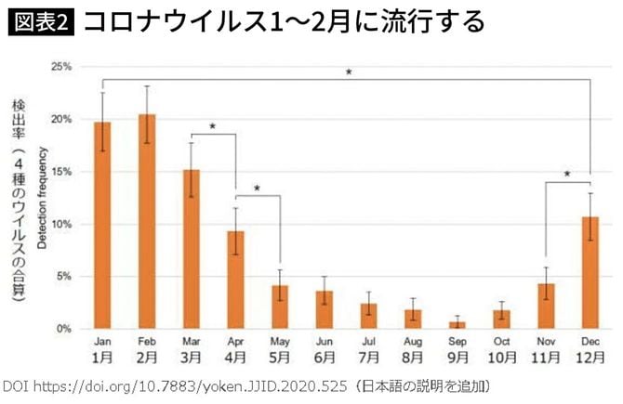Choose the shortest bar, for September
pos(457,325)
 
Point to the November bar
pos(546,306)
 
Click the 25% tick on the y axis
pos(61,67)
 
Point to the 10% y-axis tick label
pos(61,224)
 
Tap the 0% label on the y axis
pos(64,329)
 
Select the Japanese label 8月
pos(413,358)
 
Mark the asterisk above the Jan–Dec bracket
pos(349,72)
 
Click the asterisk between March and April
pos(213,126)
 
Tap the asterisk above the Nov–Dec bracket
pos(567,174)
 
